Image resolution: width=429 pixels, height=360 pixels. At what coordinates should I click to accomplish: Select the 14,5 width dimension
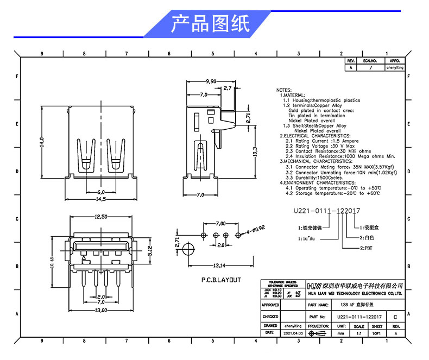100,199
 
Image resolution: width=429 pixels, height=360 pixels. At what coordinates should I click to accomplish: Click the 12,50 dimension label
100,217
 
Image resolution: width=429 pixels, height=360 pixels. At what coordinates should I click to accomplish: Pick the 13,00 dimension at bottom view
100,310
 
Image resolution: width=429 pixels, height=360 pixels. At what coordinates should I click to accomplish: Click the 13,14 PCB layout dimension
219,266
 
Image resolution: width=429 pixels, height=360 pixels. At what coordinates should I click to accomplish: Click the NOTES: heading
284,90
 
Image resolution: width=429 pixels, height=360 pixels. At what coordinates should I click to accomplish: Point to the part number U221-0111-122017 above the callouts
327,210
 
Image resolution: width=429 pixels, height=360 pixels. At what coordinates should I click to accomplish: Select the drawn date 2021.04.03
293,332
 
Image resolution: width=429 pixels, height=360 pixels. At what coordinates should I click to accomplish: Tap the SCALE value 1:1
359,332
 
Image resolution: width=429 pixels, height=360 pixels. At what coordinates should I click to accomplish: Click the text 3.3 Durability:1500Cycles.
314,178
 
